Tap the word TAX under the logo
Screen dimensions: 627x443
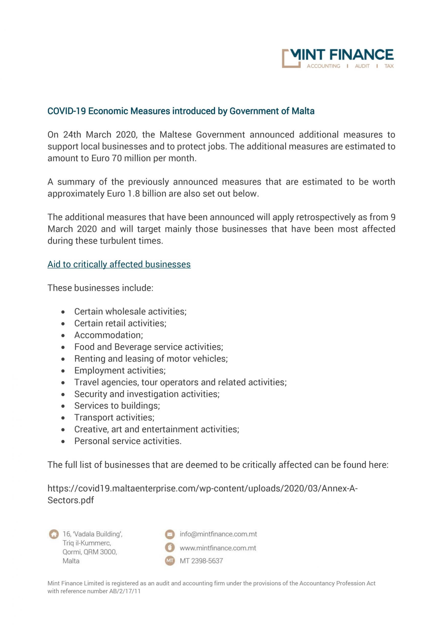point(389,66)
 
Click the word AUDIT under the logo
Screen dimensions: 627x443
point(362,66)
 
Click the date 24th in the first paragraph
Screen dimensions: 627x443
point(72,135)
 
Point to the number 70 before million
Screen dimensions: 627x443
point(117,158)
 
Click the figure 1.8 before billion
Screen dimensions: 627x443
point(134,194)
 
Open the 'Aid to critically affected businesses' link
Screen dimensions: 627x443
point(119,264)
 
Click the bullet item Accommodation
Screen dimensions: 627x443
point(108,335)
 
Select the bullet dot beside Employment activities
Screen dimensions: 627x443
point(63,371)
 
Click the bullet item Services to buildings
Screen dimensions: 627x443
point(117,406)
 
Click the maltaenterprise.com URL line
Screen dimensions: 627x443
point(202,489)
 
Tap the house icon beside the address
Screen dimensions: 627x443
point(54,534)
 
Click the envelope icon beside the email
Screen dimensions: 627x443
point(170,534)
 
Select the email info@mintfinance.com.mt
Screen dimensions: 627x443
point(218,534)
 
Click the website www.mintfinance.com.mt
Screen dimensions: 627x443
point(218,548)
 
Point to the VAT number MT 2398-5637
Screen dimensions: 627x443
point(201,561)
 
